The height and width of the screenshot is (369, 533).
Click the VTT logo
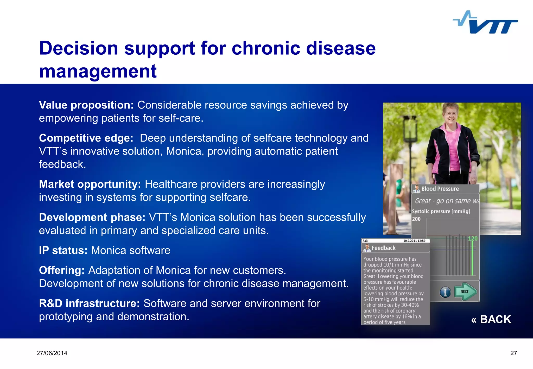pyautogui.click(x=486, y=23)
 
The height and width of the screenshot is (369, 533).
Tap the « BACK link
pyautogui.click(x=491, y=319)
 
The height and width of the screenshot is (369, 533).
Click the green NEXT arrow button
pyautogui.click(x=465, y=291)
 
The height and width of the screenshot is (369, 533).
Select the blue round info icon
pyautogui.click(x=445, y=292)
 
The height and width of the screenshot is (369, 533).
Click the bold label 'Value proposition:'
pyautogui.click(x=86, y=105)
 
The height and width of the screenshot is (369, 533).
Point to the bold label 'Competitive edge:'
pyautogui.click(x=86, y=138)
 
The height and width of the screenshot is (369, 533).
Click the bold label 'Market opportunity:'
pyautogui.click(x=90, y=184)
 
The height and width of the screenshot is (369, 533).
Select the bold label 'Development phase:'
pyautogui.click(x=92, y=217)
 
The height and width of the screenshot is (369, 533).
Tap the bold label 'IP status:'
pyautogui.click(x=63, y=250)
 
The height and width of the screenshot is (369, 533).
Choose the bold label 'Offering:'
pyautogui.click(x=62, y=270)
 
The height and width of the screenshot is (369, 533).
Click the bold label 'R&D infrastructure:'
pyautogui.click(x=89, y=303)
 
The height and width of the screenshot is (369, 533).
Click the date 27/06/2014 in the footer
pyautogui.click(x=52, y=353)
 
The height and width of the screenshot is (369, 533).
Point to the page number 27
pyautogui.click(x=513, y=353)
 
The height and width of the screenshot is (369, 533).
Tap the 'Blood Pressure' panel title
pyautogui.click(x=440, y=189)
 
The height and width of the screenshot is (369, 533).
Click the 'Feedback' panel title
pyautogui.click(x=383, y=248)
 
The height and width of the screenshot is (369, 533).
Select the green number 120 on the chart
pyautogui.click(x=473, y=239)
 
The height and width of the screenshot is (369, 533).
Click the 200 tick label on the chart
pyautogui.click(x=416, y=219)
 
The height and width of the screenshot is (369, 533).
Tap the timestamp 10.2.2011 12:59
pyautogui.click(x=414, y=241)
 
